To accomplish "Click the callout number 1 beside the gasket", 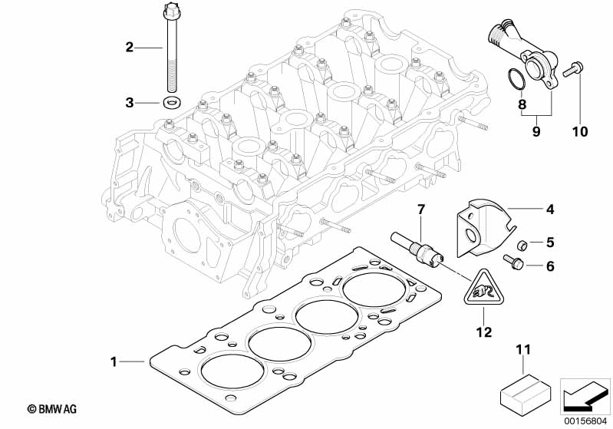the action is (114, 361).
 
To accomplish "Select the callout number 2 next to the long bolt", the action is (130, 48).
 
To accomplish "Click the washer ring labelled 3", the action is (170, 103).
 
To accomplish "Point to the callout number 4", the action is (550, 210).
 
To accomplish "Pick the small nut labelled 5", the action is (522, 246).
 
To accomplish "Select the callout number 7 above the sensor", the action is (420, 210).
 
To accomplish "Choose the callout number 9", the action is (536, 131).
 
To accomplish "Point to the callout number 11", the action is (524, 349).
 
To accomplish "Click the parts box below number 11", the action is (526, 391).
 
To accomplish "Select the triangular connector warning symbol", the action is (483, 289).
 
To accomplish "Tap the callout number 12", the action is (484, 332).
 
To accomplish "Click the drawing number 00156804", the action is (585, 421).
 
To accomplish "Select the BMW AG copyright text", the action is (52, 409).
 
